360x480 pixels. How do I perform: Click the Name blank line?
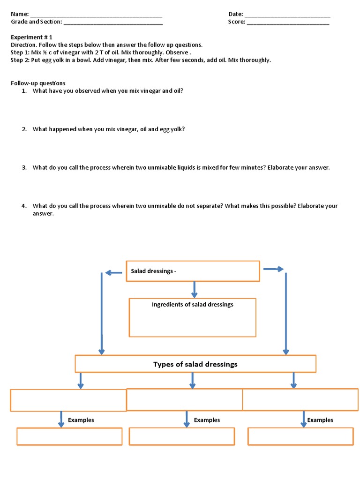(96, 15)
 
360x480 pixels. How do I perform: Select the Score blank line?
(288, 22)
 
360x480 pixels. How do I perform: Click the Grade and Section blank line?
(113, 22)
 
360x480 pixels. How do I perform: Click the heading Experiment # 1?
(31, 37)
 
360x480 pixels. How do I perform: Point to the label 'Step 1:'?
(20, 52)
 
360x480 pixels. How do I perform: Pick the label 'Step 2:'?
(20, 60)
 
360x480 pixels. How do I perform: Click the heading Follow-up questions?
(38, 83)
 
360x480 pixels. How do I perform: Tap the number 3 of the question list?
(24, 167)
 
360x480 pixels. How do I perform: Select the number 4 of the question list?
(24, 206)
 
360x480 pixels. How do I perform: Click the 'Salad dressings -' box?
(193, 271)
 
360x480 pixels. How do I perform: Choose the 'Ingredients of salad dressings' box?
(192, 317)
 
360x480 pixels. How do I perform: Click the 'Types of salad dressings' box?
(195, 364)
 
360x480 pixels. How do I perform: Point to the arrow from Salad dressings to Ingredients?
(194, 289)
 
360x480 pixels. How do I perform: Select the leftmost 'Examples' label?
(81, 420)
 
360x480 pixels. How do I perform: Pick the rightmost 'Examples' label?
(320, 420)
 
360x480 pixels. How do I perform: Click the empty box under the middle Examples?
(181, 436)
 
